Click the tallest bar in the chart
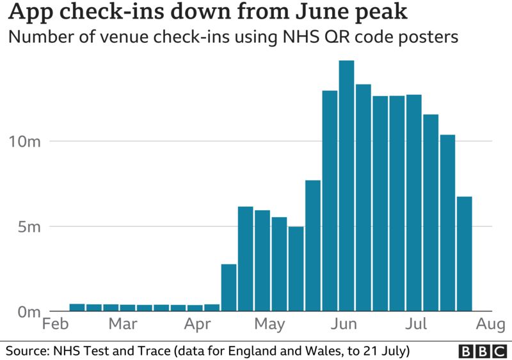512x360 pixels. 346,186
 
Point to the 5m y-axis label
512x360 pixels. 24,227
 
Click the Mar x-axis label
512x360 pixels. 122,325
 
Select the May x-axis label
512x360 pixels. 269,325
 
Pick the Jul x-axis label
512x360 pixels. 417,325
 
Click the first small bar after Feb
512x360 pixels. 77,307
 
